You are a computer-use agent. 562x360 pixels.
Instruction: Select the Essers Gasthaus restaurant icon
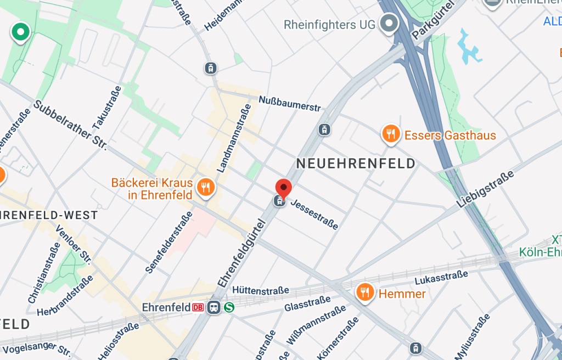(x=390, y=134)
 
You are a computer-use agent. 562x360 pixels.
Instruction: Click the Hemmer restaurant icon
(x=365, y=293)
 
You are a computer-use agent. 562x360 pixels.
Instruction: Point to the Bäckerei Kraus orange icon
(x=206, y=187)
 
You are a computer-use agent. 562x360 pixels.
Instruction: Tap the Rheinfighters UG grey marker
(x=390, y=24)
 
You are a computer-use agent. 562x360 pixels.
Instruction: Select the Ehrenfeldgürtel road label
(x=242, y=253)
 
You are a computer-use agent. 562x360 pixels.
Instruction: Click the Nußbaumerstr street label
(x=289, y=103)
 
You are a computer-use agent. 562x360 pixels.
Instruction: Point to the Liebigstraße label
(x=487, y=189)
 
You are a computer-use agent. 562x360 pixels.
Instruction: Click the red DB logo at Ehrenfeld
(x=199, y=307)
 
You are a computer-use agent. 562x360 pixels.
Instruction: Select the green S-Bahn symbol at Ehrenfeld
(x=229, y=307)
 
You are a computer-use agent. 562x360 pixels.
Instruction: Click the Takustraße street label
(x=107, y=109)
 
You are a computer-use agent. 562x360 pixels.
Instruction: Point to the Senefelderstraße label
(x=168, y=241)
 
